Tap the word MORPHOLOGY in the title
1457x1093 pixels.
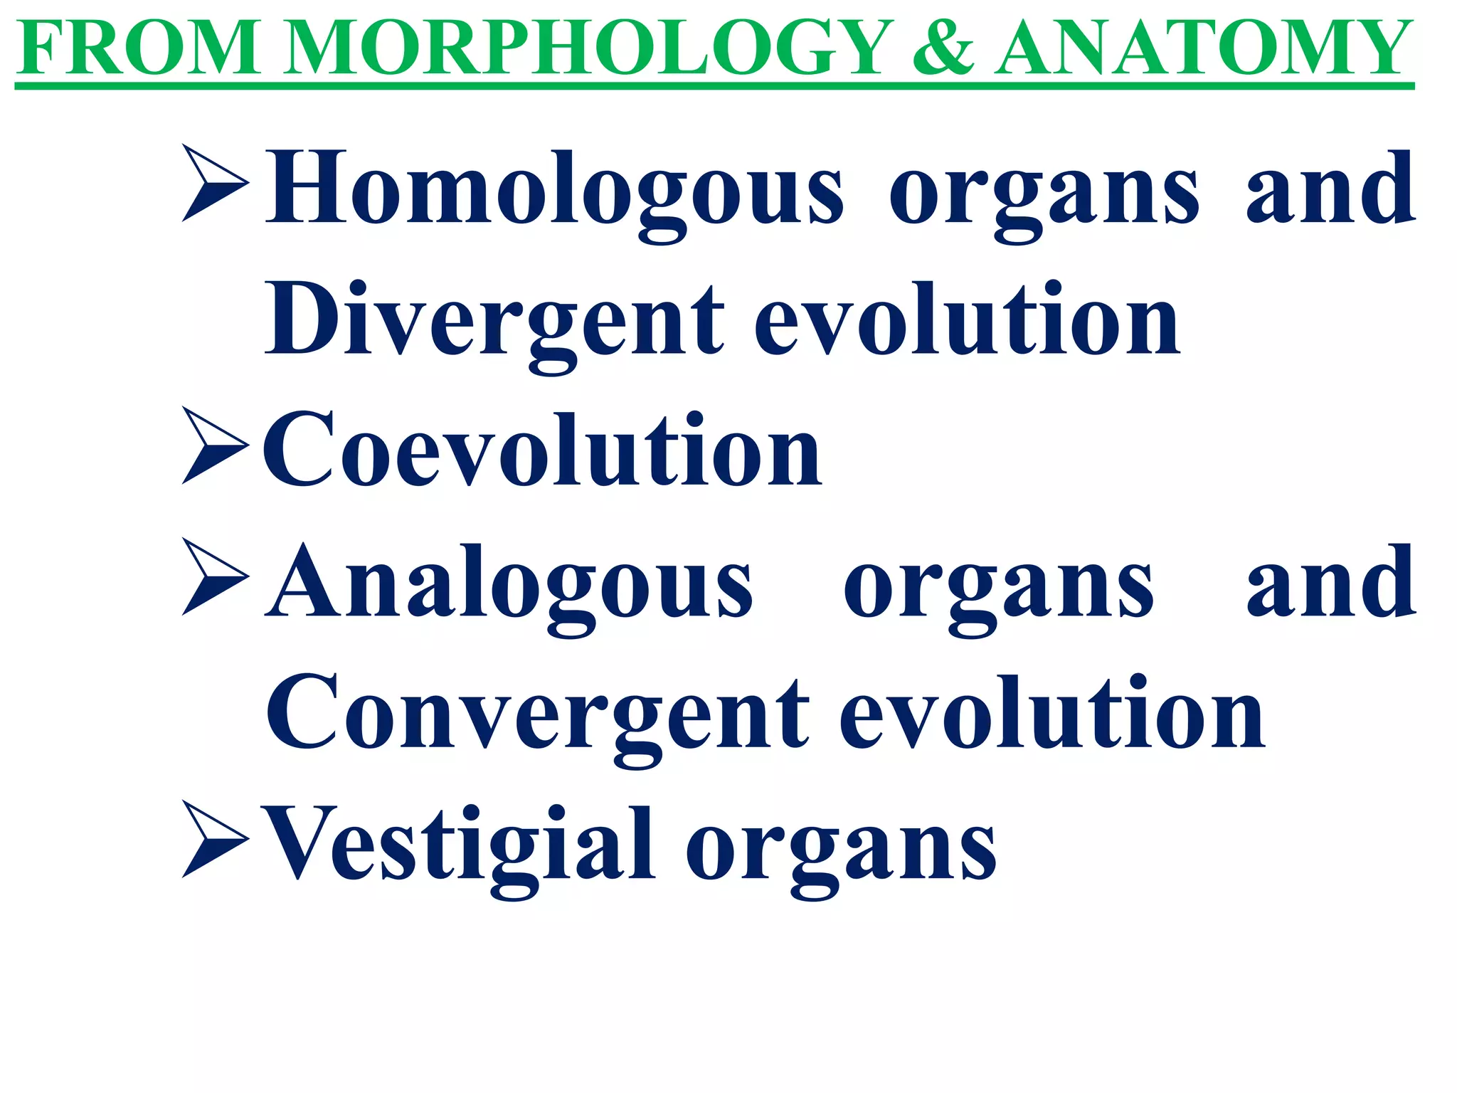(588, 48)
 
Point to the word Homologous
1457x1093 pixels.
(556, 191)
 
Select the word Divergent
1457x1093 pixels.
(495, 322)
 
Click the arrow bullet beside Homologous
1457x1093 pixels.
(215, 183)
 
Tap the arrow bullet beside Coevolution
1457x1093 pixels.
(215, 445)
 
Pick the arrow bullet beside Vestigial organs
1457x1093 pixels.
(215, 839)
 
